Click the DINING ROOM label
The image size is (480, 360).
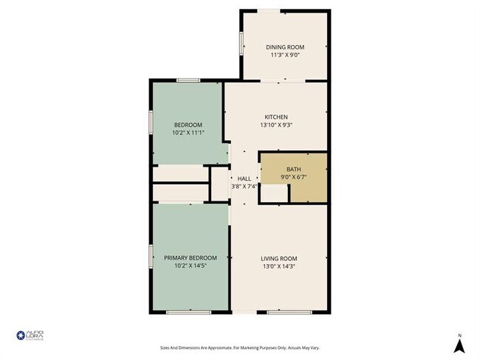tap(285, 47)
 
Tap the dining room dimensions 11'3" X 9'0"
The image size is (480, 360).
tap(285, 55)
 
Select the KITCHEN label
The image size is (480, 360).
tap(276, 117)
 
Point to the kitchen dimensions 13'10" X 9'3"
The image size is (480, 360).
tap(276, 125)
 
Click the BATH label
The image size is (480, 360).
tap(294, 169)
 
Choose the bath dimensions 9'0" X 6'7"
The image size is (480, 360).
tap(294, 177)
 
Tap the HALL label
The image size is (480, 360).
tap(244, 179)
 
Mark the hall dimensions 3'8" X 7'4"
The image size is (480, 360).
tap(244, 187)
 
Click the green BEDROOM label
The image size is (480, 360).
tap(188, 125)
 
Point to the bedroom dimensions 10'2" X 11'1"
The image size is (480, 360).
tap(188, 133)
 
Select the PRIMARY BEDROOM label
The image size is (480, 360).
tap(190, 257)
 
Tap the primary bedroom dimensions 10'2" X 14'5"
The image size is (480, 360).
tap(190, 266)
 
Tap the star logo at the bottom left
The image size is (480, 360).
tap(21, 336)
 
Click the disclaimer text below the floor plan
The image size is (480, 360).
tap(240, 347)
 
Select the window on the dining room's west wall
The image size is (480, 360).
tap(241, 44)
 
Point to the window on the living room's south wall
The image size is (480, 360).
tap(283, 312)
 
